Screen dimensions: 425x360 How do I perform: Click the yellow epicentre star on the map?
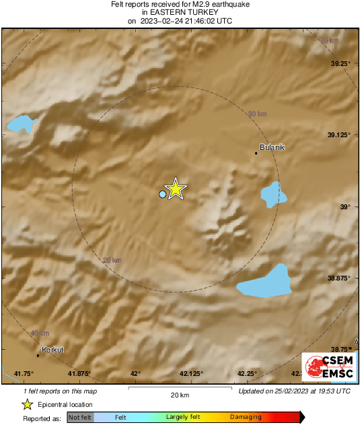(175, 189)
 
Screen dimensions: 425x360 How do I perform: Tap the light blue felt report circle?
(162, 194)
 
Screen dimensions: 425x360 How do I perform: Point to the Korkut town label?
(52, 350)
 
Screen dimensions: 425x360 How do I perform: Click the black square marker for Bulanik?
(256, 153)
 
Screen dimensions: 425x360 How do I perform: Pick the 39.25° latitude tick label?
(340, 64)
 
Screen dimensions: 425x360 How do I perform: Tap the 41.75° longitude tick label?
(24, 374)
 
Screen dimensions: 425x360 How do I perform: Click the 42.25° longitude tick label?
(248, 374)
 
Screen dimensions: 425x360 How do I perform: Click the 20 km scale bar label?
(180, 395)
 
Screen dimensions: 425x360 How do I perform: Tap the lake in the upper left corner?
(20, 123)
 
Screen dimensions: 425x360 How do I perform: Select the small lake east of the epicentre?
(273, 194)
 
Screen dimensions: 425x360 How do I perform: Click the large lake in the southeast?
(267, 282)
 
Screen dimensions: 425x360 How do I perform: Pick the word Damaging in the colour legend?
(246, 418)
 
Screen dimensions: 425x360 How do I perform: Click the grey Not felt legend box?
(79, 418)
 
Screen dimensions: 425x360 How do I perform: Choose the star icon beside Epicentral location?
(27, 404)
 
